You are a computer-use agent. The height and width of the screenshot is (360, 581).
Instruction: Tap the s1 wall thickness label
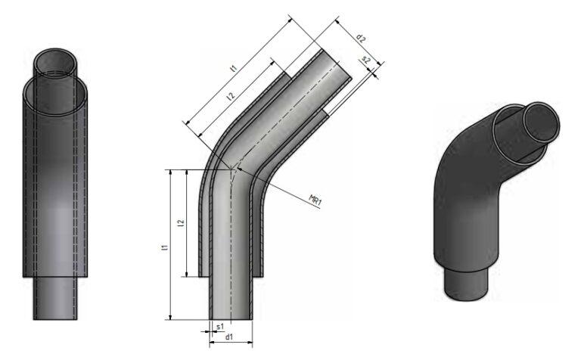(220, 327)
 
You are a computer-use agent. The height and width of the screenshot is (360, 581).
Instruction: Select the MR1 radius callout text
(315, 200)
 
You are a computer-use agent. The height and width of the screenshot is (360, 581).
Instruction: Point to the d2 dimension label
(361, 38)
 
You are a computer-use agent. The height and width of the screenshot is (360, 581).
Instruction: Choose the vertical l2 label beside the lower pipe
(180, 225)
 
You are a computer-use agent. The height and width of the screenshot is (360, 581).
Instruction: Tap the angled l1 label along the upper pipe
(235, 70)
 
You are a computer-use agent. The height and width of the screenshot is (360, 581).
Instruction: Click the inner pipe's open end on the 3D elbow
(540, 120)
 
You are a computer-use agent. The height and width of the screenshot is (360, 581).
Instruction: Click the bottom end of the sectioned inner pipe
(230, 318)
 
